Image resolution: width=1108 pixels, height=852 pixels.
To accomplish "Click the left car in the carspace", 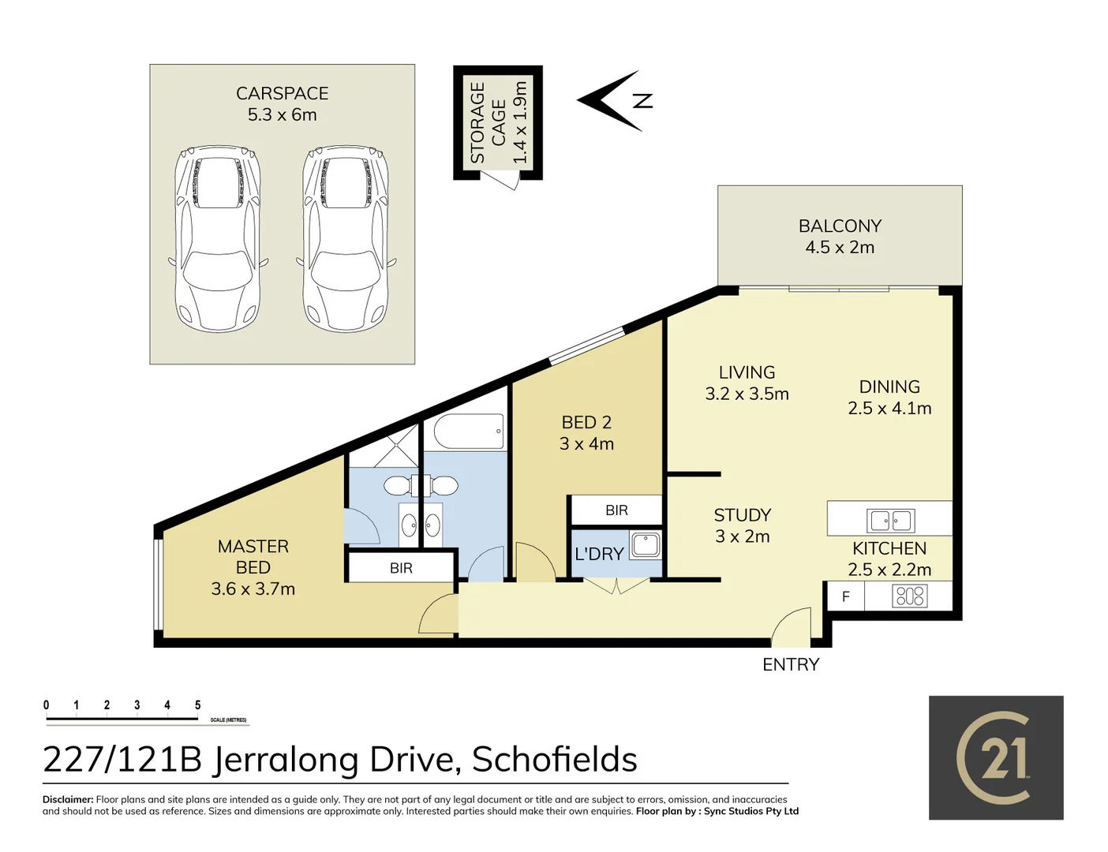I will (x=217, y=238).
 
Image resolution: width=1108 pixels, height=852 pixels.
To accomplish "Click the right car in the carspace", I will (x=346, y=238).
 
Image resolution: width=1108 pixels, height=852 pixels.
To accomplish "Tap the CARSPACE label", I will (x=282, y=93).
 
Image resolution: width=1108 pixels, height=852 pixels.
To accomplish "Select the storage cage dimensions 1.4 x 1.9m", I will (x=519, y=122).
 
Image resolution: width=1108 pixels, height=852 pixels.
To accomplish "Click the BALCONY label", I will (x=840, y=226).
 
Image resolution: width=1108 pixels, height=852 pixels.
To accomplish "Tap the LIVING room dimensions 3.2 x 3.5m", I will (x=747, y=394).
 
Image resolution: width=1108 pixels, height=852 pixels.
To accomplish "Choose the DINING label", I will (x=889, y=387).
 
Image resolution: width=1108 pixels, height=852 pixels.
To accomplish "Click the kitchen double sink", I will (x=890, y=521).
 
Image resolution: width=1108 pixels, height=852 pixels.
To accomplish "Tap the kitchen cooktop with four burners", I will (x=909, y=596).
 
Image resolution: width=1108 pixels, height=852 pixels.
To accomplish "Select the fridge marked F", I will (x=845, y=596).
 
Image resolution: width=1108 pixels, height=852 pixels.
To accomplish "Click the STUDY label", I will (x=742, y=515).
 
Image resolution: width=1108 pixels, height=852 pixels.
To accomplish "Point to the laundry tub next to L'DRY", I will (x=646, y=545).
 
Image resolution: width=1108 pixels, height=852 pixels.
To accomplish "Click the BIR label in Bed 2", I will (x=616, y=510).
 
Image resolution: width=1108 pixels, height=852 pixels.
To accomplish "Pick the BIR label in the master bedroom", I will (x=401, y=568).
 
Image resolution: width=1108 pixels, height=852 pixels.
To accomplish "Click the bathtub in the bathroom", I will (x=469, y=432).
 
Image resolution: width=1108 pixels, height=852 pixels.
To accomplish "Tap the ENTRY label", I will (x=791, y=664).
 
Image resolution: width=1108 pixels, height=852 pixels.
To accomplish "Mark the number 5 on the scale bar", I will (x=197, y=705).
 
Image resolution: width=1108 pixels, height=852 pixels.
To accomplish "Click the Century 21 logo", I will (x=996, y=757).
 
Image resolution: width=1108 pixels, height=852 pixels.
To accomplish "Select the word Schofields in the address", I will (x=554, y=760).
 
